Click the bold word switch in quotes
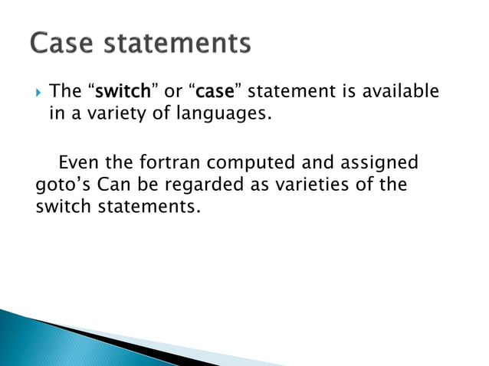coord(121,93)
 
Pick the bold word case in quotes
coord(215,93)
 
